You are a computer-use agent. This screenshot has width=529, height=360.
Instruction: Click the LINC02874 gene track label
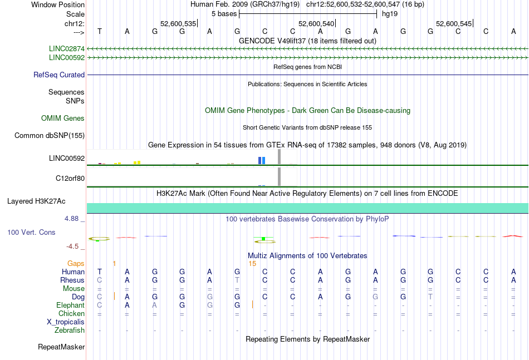coord(67,49)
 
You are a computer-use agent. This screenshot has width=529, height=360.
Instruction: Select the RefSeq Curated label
coord(59,75)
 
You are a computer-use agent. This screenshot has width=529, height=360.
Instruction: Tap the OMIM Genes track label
coord(63,119)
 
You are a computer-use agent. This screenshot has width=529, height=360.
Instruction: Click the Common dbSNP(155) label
coord(50,136)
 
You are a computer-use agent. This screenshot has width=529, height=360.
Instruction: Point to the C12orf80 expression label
coord(70,178)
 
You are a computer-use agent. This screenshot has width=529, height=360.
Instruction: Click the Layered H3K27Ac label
coord(36,201)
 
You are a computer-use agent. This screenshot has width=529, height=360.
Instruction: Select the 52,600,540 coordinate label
coord(316,23)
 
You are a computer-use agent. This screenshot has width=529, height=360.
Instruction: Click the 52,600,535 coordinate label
coord(178,23)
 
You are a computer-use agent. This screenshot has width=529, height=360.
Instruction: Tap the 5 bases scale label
coord(224,14)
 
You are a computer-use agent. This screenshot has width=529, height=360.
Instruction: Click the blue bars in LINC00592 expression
coord(262,160)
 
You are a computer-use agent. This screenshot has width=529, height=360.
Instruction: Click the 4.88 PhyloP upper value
coord(71,219)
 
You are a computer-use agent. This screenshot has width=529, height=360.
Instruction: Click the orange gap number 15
coord(252,264)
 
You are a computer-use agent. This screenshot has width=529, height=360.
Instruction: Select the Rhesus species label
coord(72,280)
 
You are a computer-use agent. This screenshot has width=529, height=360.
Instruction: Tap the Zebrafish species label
coord(70,331)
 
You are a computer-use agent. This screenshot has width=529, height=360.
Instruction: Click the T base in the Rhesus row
coord(237,280)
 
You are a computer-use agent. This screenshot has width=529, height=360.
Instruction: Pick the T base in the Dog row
coord(430,297)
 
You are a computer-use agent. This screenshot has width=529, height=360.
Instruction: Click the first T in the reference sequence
coord(100,31)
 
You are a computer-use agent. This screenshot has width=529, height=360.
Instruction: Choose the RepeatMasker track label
coord(61,347)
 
